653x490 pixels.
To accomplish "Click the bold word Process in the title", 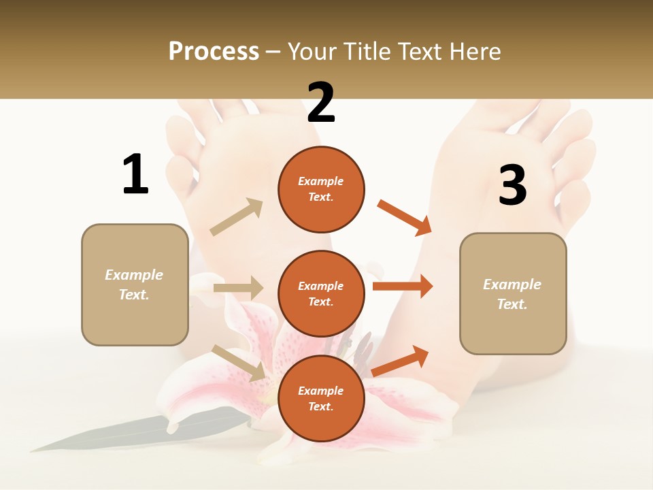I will pyautogui.click(x=214, y=52).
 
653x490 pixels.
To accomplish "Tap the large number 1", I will pyautogui.click(x=135, y=174).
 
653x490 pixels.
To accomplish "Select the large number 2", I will pyautogui.click(x=321, y=103).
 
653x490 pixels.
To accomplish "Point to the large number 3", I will pyautogui.click(x=512, y=185).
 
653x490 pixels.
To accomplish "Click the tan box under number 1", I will pyautogui.click(x=135, y=284).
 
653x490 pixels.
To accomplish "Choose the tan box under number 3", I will pyautogui.click(x=513, y=293).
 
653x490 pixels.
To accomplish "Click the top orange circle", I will pyautogui.click(x=321, y=189).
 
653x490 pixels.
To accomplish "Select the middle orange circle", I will pyautogui.click(x=321, y=293).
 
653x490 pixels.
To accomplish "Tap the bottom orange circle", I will pyautogui.click(x=321, y=398).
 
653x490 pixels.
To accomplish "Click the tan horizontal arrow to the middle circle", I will pyautogui.click(x=238, y=288).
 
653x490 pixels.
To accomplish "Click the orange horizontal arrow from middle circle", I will pyautogui.click(x=403, y=287).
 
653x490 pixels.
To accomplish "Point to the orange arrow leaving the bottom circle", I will pyautogui.click(x=401, y=361).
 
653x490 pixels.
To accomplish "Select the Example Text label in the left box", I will pyautogui.click(x=134, y=284).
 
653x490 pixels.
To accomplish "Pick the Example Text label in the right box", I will pyautogui.click(x=512, y=294).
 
